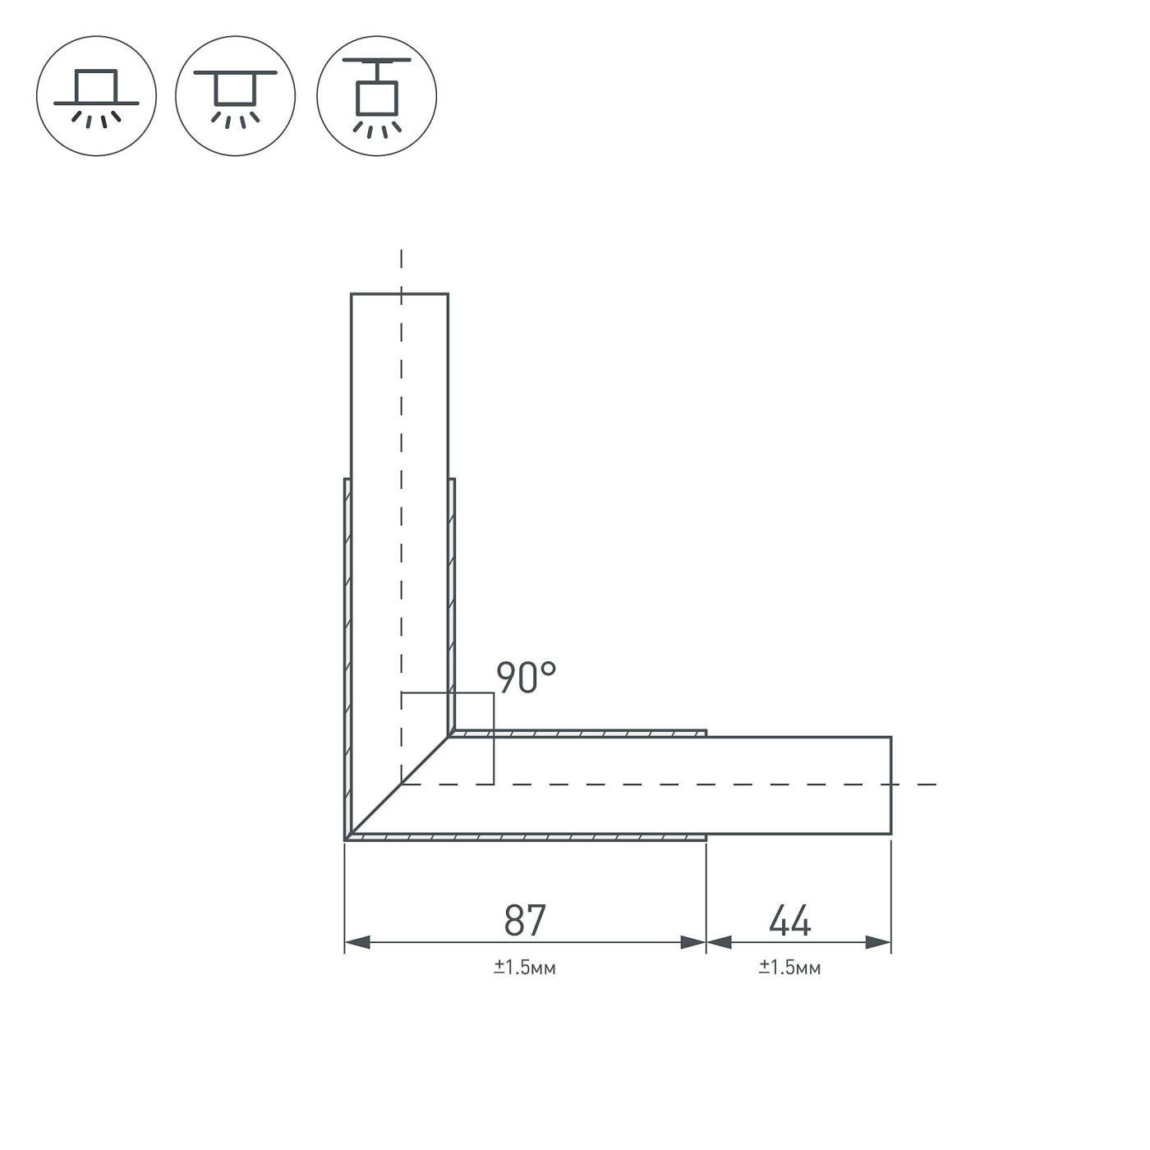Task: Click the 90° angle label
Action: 526,678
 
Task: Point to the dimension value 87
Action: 525,920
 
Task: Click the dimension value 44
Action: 789,920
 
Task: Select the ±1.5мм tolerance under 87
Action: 525,968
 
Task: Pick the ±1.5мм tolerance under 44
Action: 789,968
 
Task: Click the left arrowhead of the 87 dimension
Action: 356,943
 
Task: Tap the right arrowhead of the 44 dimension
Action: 878,943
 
